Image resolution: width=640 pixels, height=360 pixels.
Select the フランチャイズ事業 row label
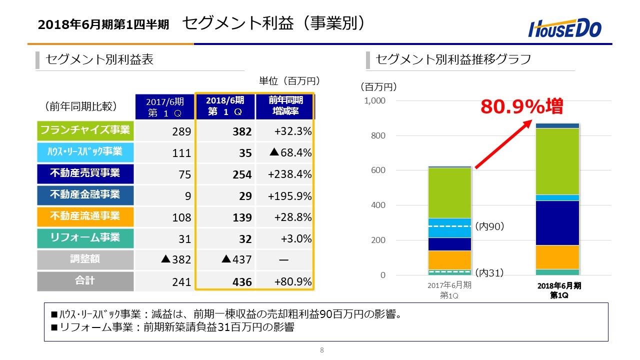(x=85, y=130)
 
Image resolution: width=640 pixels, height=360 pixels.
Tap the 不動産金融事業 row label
(x=85, y=194)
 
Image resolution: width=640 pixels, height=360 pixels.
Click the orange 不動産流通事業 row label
(x=85, y=216)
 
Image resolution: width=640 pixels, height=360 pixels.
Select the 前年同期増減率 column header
(x=284, y=106)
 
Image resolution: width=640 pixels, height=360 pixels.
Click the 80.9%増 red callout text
(x=521, y=106)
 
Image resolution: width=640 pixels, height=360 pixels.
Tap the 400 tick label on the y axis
(x=378, y=205)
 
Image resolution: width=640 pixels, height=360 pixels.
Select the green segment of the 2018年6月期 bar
(x=557, y=161)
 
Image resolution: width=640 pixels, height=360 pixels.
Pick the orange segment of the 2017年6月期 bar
(x=449, y=259)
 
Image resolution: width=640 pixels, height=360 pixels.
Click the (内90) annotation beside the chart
(x=489, y=226)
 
